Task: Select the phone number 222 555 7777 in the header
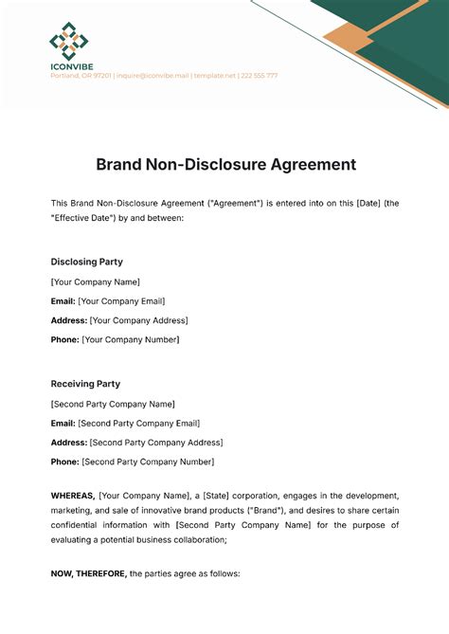259,76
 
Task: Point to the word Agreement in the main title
309,164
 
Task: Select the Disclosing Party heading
86,262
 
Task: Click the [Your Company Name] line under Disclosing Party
95,281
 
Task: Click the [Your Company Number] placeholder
131,339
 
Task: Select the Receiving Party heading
85,384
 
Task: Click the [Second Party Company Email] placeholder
139,423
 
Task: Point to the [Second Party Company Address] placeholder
156,443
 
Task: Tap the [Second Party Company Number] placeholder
148,462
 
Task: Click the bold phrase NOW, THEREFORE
88,573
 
